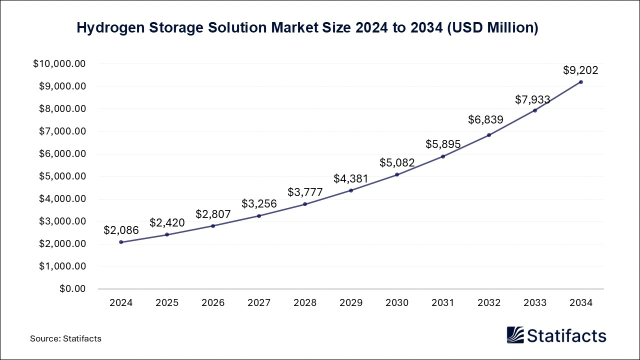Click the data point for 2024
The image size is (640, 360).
pyautogui.click(x=121, y=242)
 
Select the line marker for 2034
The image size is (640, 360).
pyautogui.click(x=580, y=82)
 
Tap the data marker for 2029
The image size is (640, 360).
pyautogui.click(x=351, y=190)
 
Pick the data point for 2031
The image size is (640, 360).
pyautogui.click(x=443, y=156)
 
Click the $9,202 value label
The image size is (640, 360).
pyautogui.click(x=580, y=70)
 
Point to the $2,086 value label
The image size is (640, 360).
pyautogui.click(x=121, y=230)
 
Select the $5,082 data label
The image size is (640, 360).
pyautogui.click(x=397, y=163)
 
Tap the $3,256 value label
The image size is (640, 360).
pyautogui.click(x=259, y=204)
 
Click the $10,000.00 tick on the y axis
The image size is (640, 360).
pyautogui.click(x=59, y=64)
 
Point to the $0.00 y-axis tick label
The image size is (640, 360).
pyautogui.click(x=73, y=289)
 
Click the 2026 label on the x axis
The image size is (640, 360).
pyautogui.click(x=213, y=303)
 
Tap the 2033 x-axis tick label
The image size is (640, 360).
pyautogui.click(x=534, y=303)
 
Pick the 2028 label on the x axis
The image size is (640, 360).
pyautogui.click(x=305, y=303)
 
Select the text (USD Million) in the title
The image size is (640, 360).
pyautogui.click(x=492, y=28)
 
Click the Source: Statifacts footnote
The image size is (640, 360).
pyautogui.click(x=65, y=338)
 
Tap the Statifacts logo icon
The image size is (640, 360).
pyautogui.click(x=515, y=335)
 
